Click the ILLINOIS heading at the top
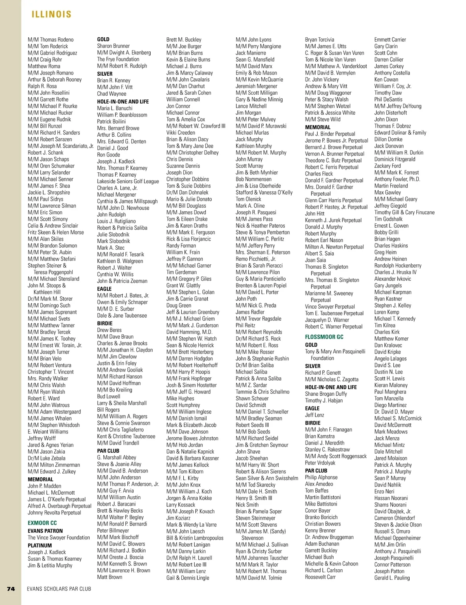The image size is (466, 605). (51, 14)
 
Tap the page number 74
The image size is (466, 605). (11, 589)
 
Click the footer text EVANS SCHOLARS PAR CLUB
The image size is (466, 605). (59, 589)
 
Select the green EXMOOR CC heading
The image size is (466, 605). (42, 523)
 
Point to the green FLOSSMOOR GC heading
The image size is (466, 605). (324, 337)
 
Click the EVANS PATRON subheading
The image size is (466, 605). (45, 531)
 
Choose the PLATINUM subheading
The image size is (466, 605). (40, 545)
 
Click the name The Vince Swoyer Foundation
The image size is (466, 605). (59, 538)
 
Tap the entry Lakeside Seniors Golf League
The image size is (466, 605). (128, 181)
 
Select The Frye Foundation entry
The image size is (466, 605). (118, 59)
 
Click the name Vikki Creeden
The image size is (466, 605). (181, 133)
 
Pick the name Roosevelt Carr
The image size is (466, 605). (320, 577)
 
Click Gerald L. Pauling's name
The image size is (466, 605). (392, 578)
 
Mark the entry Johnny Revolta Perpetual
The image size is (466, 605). (54, 513)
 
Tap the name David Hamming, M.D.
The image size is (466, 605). (189, 332)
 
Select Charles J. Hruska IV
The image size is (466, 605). (395, 272)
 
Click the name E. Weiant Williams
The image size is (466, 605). (48, 432)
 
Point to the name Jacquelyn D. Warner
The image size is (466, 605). (327, 320)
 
